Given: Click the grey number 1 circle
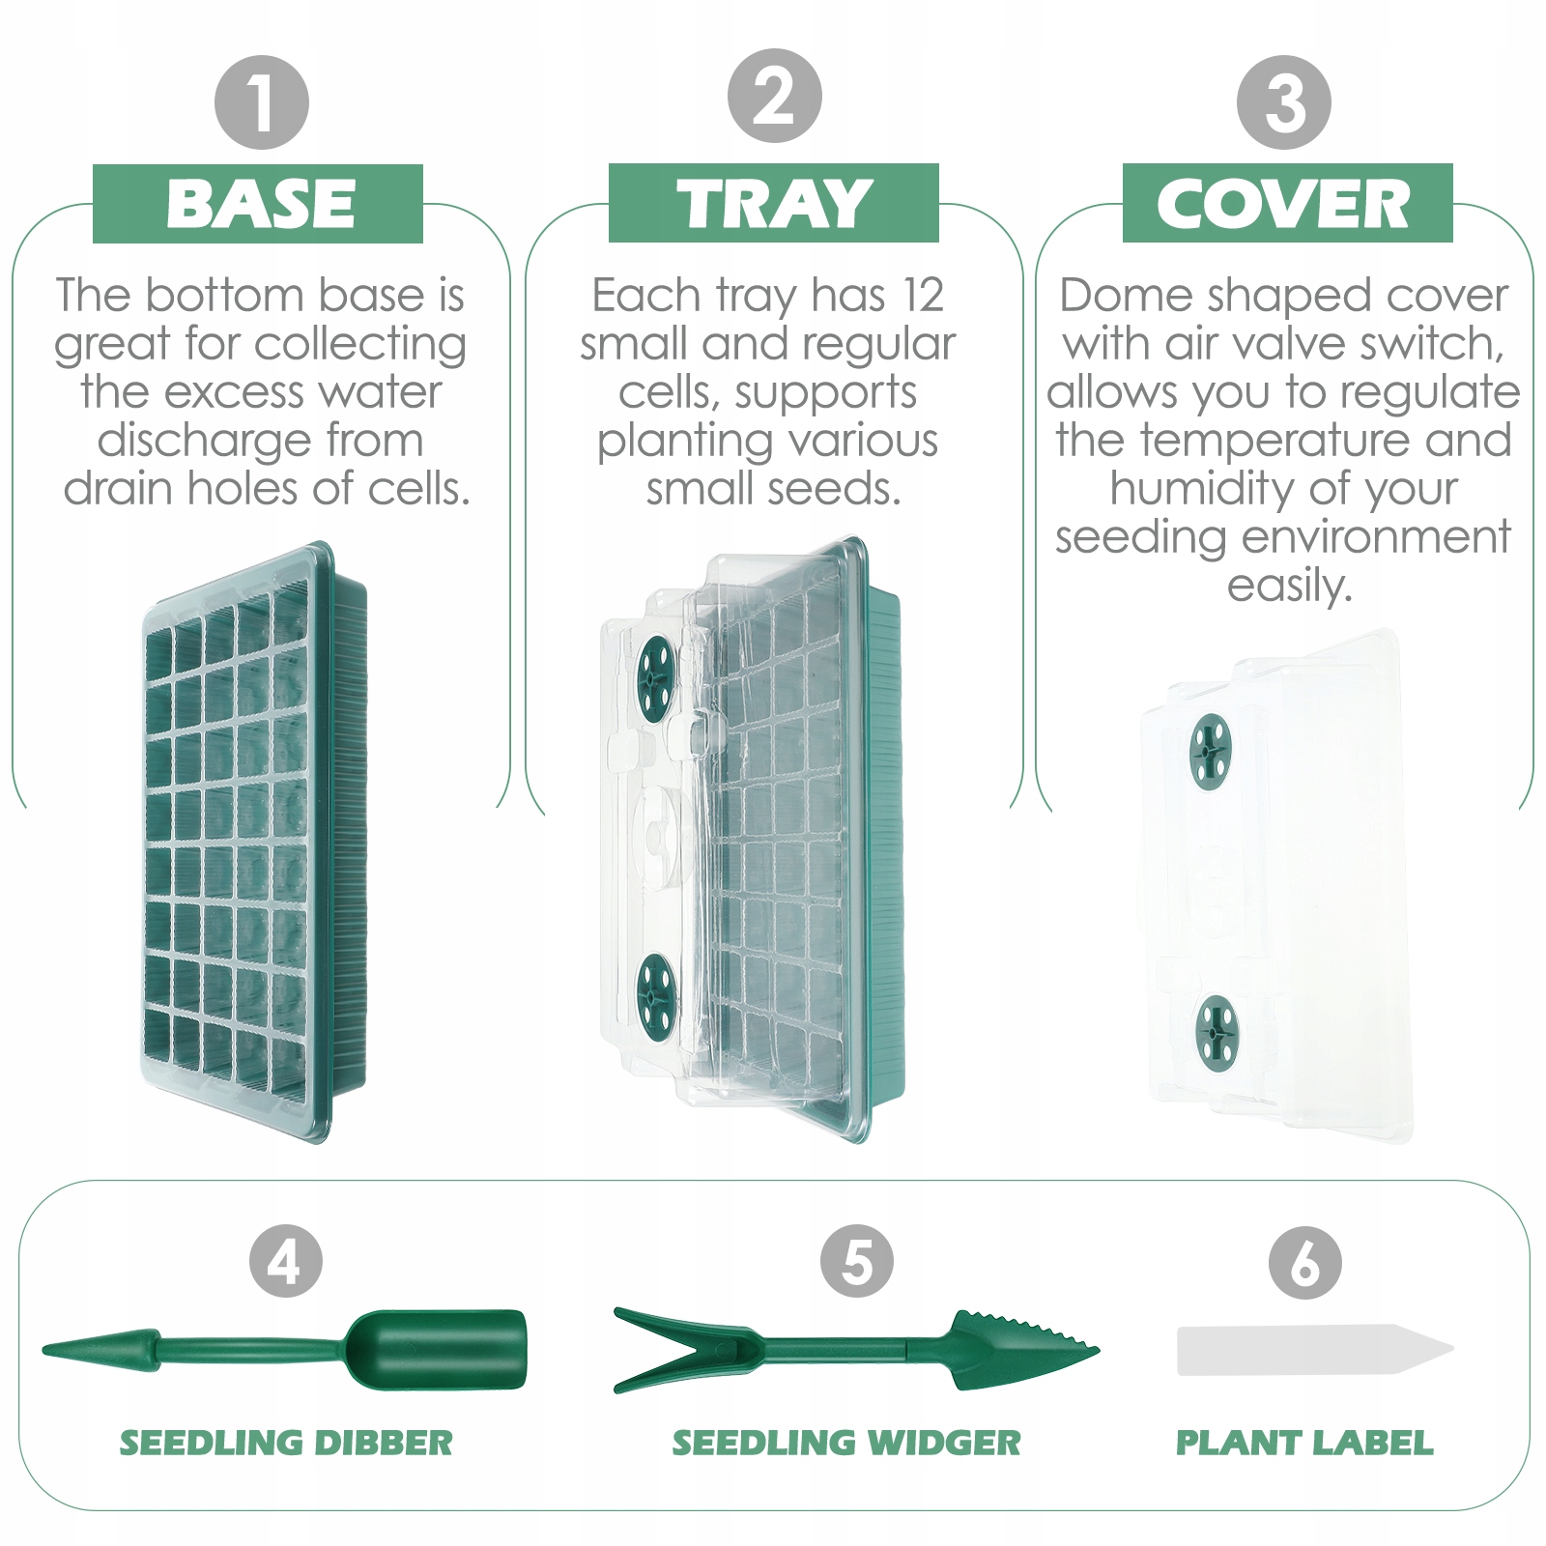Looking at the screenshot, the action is pyautogui.click(x=261, y=102).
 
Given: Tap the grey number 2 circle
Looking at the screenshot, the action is pyautogui.click(x=774, y=97).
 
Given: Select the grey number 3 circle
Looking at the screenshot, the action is pyautogui.click(x=1284, y=102).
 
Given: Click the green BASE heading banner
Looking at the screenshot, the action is pyautogui.click(x=258, y=203).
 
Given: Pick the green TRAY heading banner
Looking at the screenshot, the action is pyautogui.click(x=774, y=203).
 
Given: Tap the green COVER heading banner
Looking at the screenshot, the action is pyautogui.click(x=1288, y=203).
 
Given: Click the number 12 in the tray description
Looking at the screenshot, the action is pyautogui.click(x=922, y=295).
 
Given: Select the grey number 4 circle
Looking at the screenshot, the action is pyautogui.click(x=286, y=1261).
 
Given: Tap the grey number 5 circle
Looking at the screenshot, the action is pyautogui.click(x=857, y=1261).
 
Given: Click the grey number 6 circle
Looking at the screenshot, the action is pyautogui.click(x=1305, y=1262).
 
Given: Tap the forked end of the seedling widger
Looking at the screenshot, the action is pyautogui.click(x=676, y=1349).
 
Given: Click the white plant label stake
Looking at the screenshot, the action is pyautogui.click(x=1315, y=1350).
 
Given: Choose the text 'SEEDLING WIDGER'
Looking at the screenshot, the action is pyautogui.click(x=846, y=1443).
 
